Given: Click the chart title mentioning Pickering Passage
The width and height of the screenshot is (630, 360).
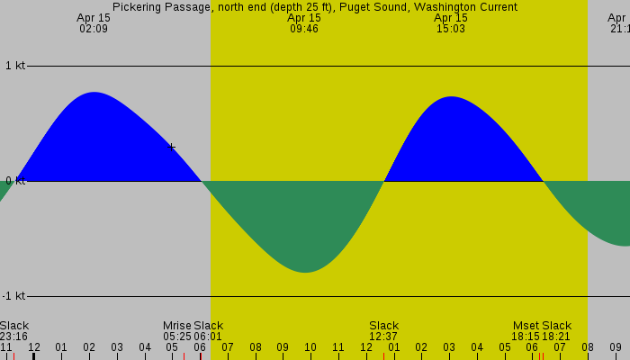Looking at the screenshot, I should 315,7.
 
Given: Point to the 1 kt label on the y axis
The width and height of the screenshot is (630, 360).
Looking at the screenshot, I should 14,66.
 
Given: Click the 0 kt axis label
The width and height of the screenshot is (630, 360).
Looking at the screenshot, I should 14,181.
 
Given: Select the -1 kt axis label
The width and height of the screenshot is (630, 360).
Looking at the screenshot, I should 14,296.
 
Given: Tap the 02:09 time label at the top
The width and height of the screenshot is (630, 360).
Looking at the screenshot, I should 94,29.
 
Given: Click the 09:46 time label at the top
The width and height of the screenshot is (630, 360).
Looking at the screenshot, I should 304,29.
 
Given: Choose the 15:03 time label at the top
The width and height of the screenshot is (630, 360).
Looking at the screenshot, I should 451,29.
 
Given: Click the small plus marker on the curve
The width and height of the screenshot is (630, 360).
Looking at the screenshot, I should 172,147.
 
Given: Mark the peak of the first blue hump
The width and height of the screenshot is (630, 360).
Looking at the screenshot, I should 94,93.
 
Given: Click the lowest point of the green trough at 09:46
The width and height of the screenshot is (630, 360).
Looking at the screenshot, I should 305,272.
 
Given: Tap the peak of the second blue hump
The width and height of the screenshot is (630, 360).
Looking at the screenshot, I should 451,97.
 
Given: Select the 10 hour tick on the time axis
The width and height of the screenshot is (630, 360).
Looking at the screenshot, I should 310,346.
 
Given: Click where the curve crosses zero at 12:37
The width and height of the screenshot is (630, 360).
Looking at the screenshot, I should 384,181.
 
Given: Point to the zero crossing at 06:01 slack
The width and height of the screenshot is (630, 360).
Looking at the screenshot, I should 202,181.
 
